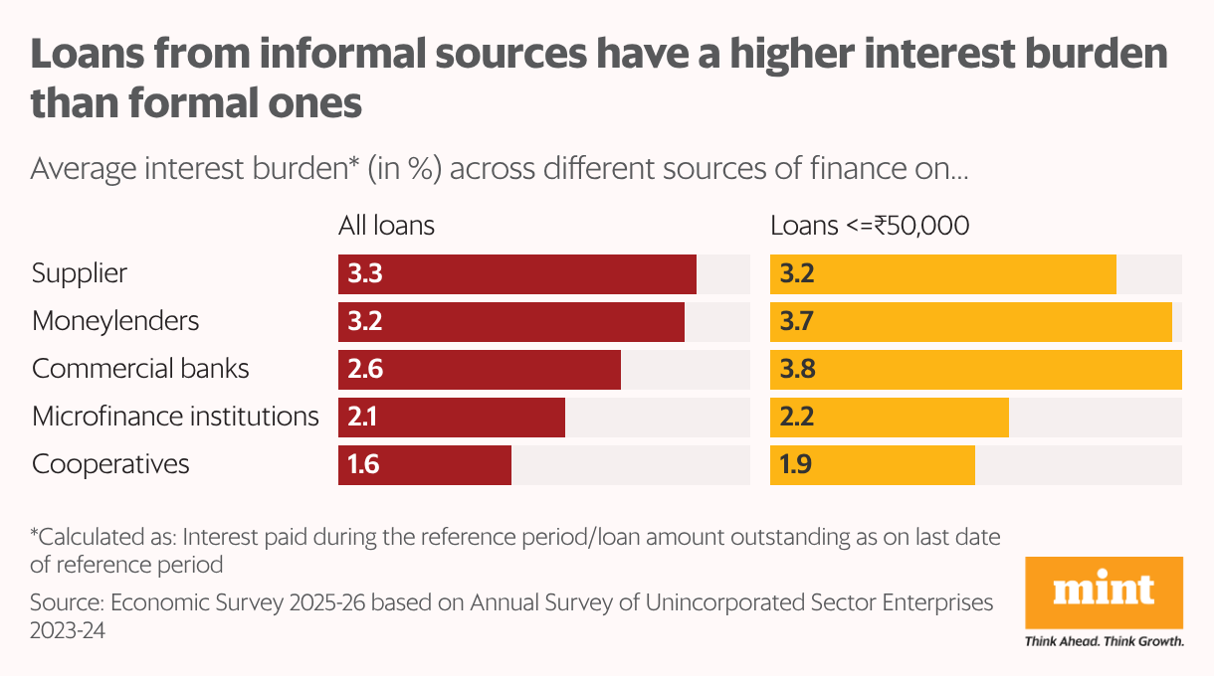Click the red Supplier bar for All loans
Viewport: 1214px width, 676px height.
(516, 274)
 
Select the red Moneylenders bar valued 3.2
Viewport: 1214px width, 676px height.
(510, 322)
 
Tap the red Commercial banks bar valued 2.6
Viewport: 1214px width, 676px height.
(479, 370)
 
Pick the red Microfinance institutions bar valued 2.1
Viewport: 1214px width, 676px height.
(451, 418)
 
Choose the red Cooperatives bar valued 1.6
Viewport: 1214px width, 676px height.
(424, 465)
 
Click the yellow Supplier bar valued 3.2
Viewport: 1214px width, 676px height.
(942, 274)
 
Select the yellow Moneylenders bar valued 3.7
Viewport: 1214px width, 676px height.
(970, 322)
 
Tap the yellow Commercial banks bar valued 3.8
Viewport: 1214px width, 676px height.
(975, 370)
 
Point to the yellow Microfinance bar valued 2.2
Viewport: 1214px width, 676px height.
(889, 418)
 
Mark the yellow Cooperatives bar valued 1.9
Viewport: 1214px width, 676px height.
(872, 465)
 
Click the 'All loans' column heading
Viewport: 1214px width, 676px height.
(386, 226)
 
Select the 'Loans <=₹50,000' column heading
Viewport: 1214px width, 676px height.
(870, 226)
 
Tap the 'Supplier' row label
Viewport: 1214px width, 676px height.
(80, 273)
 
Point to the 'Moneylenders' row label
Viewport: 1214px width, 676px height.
(115, 321)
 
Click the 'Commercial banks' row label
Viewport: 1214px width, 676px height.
(140, 369)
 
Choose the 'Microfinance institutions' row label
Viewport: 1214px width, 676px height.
(175, 417)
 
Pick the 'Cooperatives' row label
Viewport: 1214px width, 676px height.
(110, 464)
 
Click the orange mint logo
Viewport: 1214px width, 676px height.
(1104, 591)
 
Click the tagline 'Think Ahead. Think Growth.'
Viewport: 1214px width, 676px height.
(1104, 641)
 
